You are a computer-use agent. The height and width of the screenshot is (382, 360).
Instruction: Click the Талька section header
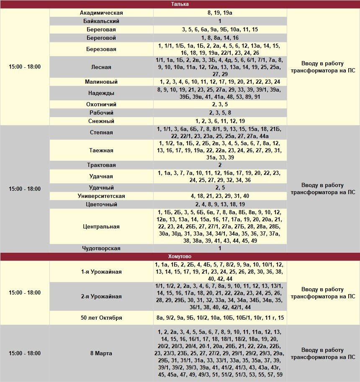point(180,4)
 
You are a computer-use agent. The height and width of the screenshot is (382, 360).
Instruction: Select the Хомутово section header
point(180,256)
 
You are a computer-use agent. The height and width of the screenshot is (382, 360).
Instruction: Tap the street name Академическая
point(101,13)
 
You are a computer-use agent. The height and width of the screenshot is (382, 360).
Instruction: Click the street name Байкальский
point(101,21)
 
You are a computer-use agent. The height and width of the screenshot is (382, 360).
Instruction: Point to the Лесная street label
point(101,67)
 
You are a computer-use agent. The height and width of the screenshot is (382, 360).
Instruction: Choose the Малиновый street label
point(101,82)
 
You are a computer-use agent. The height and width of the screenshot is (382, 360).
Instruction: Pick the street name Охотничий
point(101,104)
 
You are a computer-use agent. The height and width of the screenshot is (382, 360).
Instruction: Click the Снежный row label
point(101,121)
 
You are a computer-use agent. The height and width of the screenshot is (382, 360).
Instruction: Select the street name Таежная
point(101,150)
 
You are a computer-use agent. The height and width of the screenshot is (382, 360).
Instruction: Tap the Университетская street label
point(101,196)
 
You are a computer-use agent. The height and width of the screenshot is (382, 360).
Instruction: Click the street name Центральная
point(101,226)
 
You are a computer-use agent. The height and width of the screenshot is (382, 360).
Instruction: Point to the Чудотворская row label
point(101,248)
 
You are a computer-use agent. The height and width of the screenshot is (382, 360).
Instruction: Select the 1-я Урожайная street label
point(101,272)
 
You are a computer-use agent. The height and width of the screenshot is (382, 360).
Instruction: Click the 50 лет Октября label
point(101,318)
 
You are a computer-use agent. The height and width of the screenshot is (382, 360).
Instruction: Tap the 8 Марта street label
point(101,353)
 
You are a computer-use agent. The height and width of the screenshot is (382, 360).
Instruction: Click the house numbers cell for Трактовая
point(220,165)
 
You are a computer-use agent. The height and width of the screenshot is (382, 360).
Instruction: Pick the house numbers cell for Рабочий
point(220,113)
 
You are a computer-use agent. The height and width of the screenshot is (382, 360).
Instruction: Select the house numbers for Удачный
point(220,187)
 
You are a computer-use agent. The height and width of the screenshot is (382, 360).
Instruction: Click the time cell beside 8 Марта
point(25,353)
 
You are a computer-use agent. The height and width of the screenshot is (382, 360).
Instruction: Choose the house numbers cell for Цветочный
point(220,204)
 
